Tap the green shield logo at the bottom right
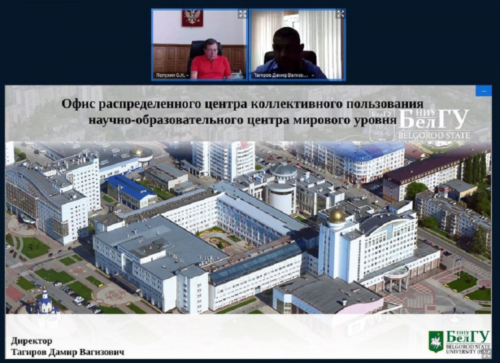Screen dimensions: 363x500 coord(435,340)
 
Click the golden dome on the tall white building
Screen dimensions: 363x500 coord(336,216)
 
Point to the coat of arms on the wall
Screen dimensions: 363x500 coord(192,18)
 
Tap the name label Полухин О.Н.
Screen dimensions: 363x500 coord(171,75)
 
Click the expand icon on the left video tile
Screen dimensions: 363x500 coord(242,13)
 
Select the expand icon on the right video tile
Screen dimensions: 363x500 coord(340,13)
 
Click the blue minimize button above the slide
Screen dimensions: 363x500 coord(483,91)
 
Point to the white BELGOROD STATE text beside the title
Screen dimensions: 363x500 coord(433,135)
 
